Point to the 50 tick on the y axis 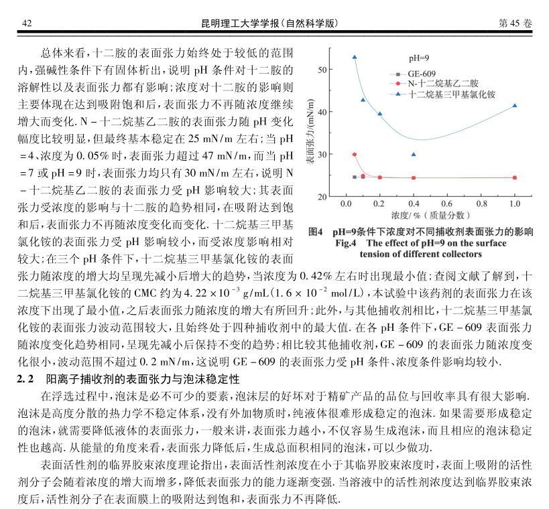tap(322, 70)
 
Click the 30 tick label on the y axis tap(322, 155)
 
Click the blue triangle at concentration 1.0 tap(514, 105)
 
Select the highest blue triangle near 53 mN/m tap(355, 57)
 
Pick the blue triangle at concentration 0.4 tap(413, 155)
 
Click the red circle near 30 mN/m tap(355, 155)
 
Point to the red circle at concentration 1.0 tap(514, 177)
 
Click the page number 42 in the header tap(27, 23)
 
